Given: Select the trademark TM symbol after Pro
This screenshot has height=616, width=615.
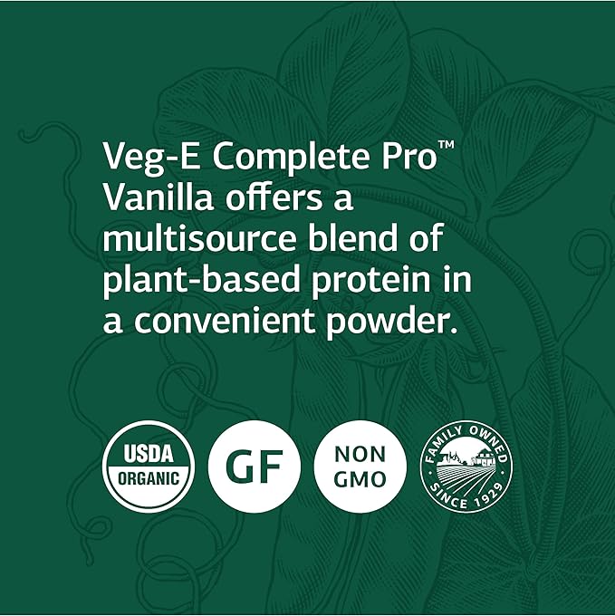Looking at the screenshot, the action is coord(447,145).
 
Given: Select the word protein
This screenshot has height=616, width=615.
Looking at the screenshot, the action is coord(371,282).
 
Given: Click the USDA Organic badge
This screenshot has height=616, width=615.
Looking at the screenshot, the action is coord(149,467).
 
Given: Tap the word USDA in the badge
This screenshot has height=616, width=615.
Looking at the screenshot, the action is coord(149,454).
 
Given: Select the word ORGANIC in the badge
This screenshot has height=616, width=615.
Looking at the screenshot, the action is coord(149,478).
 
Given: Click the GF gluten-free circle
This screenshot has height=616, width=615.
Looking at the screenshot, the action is coord(255,467).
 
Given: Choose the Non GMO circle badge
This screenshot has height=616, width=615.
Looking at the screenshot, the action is coord(360,467).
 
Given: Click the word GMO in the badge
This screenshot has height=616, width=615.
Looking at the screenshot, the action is coord(360,480).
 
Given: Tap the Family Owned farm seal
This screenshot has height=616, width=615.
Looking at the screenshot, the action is coord(466,467).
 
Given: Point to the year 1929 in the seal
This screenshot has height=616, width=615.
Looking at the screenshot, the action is coord(488,496).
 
